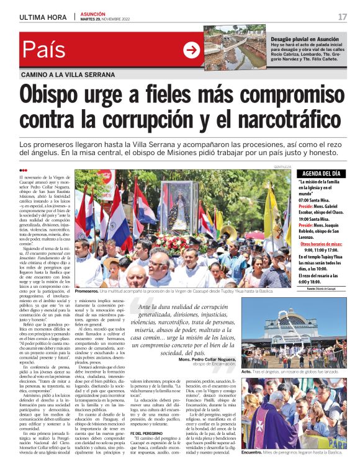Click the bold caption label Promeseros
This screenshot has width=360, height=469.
tap(86, 290)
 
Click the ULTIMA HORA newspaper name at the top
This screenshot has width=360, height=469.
tap(43, 17)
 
